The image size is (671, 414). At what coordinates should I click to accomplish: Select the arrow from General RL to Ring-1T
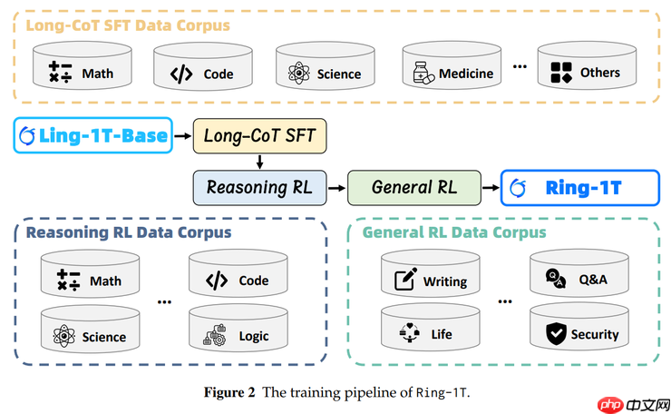pos(491,188)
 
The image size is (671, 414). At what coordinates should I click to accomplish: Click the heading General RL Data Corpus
pos(453,232)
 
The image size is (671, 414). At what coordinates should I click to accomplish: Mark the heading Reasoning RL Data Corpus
pos(128,232)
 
